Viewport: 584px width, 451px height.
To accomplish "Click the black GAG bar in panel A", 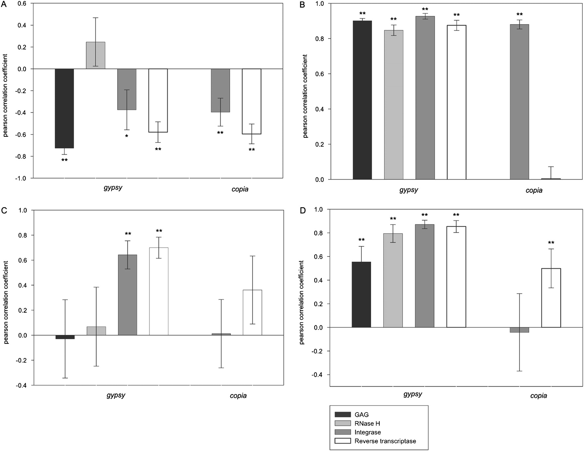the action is click(x=64, y=108).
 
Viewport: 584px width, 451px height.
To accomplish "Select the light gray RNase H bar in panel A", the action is click(x=95, y=55).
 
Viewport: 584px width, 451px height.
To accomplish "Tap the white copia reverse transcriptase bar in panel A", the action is click(x=251, y=101).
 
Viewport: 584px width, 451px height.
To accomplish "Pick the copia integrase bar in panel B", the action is click(x=519, y=102).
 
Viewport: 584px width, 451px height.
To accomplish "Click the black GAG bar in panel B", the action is click(x=362, y=100).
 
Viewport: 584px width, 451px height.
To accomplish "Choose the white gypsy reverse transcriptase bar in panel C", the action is click(x=159, y=291).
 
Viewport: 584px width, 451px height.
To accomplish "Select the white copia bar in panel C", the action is click(x=252, y=313).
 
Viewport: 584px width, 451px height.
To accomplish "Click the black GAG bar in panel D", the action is click(x=361, y=295).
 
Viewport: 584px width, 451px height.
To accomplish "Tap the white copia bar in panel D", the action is click(x=551, y=298).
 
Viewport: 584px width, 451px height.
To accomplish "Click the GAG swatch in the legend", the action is click(x=343, y=414).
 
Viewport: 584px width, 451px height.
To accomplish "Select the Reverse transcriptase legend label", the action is click(x=385, y=441).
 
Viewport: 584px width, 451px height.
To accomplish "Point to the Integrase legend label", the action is click(x=368, y=432).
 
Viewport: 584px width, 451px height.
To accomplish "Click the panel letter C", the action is click(x=4, y=210).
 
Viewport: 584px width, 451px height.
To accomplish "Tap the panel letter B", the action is click(x=302, y=5).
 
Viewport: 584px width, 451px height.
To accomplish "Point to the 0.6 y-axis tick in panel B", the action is click(x=319, y=74).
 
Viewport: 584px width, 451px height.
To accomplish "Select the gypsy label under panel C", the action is click(x=116, y=396).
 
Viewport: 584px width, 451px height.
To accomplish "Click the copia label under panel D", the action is click(x=539, y=396).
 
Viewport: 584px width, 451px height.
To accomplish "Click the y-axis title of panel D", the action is click(x=302, y=302).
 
